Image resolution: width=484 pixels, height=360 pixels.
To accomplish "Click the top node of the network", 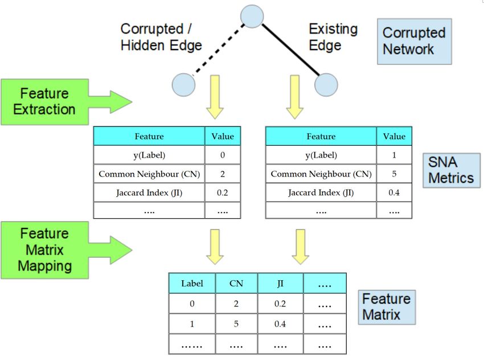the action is tap(252, 17).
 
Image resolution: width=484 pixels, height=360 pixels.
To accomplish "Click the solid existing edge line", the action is tap(291, 50).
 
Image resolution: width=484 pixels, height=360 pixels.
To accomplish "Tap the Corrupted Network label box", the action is tap(414, 42).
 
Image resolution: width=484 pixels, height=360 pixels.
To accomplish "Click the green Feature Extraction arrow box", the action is tap(67, 102).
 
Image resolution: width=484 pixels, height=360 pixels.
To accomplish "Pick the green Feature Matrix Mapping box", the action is tap(67, 250).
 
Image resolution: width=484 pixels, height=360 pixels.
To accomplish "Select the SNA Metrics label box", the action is tap(452, 170).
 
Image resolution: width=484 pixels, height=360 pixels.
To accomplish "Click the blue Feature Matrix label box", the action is tap(387, 307).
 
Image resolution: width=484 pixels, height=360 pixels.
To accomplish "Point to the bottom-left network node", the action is tap(184, 85).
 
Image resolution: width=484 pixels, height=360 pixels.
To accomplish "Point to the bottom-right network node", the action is tap(326, 85).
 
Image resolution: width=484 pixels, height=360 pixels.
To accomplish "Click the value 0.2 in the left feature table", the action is tap(222, 193).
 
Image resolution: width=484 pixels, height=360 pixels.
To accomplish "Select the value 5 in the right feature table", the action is tap(394, 174).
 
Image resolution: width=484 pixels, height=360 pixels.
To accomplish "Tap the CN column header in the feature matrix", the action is tap(236, 284).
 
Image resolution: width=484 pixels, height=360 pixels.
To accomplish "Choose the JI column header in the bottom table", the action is tap(280, 284).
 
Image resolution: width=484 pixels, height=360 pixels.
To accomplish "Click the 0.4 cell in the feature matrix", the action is tap(280, 324).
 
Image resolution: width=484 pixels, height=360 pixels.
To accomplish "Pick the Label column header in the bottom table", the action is tap(192, 284).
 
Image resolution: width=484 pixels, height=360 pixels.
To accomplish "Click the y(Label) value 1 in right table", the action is tap(394, 155).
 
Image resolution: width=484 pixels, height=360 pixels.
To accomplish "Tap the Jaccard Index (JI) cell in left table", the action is tap(149, 193).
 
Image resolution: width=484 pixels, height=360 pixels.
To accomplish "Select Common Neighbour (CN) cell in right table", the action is tap(321, 174).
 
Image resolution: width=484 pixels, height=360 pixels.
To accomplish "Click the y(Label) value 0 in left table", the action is tap(222, 155).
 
